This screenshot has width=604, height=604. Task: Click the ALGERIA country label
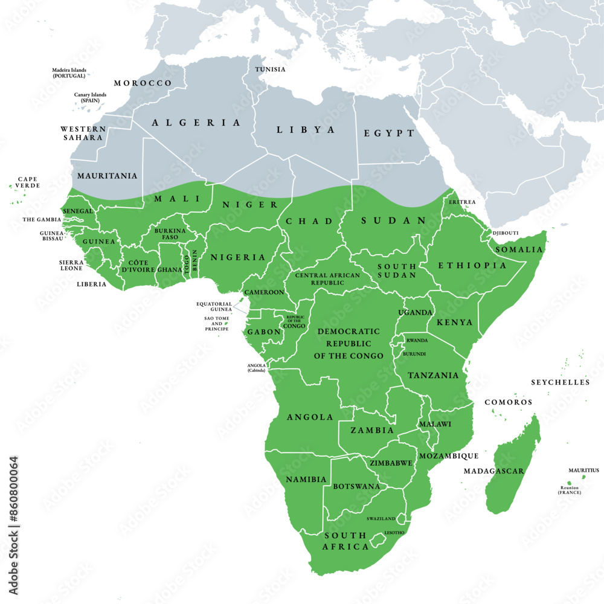[x=196, y=123]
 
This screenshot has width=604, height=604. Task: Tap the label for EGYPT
[x=389, y=133]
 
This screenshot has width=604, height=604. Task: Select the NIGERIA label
[x=237, y=257]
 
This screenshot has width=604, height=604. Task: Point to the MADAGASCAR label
[x=493, y=471]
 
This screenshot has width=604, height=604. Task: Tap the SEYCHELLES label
[x=560, y=382]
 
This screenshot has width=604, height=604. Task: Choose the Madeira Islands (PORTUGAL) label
[x=68, y=73]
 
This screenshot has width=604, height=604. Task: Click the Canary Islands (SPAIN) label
[x=90, y=97]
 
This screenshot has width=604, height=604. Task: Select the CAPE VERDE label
[x=28, y=182]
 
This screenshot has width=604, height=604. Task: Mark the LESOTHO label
[x=394, y=533]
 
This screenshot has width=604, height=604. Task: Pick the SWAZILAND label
[x=381, y=519]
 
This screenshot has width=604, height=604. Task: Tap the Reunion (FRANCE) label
[x=569, y=490]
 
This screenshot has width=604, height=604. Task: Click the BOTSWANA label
[x=356, y=486]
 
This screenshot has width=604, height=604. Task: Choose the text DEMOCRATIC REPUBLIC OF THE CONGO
[x=349, y=344]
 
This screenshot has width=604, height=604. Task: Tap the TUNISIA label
[x=270, y=69]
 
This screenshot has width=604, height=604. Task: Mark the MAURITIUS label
[x=583, y=470]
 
